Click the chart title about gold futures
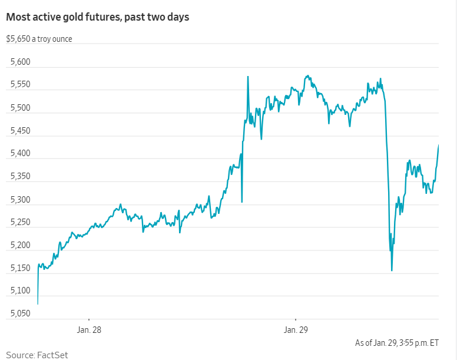tap(98, 17)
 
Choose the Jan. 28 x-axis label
tap(89, 329)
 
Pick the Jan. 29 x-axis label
tap(295, 329)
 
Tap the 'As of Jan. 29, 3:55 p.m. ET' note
tap(397, 342)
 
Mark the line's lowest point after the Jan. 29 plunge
tap(392, 270)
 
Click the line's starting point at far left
tap(38, 303)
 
